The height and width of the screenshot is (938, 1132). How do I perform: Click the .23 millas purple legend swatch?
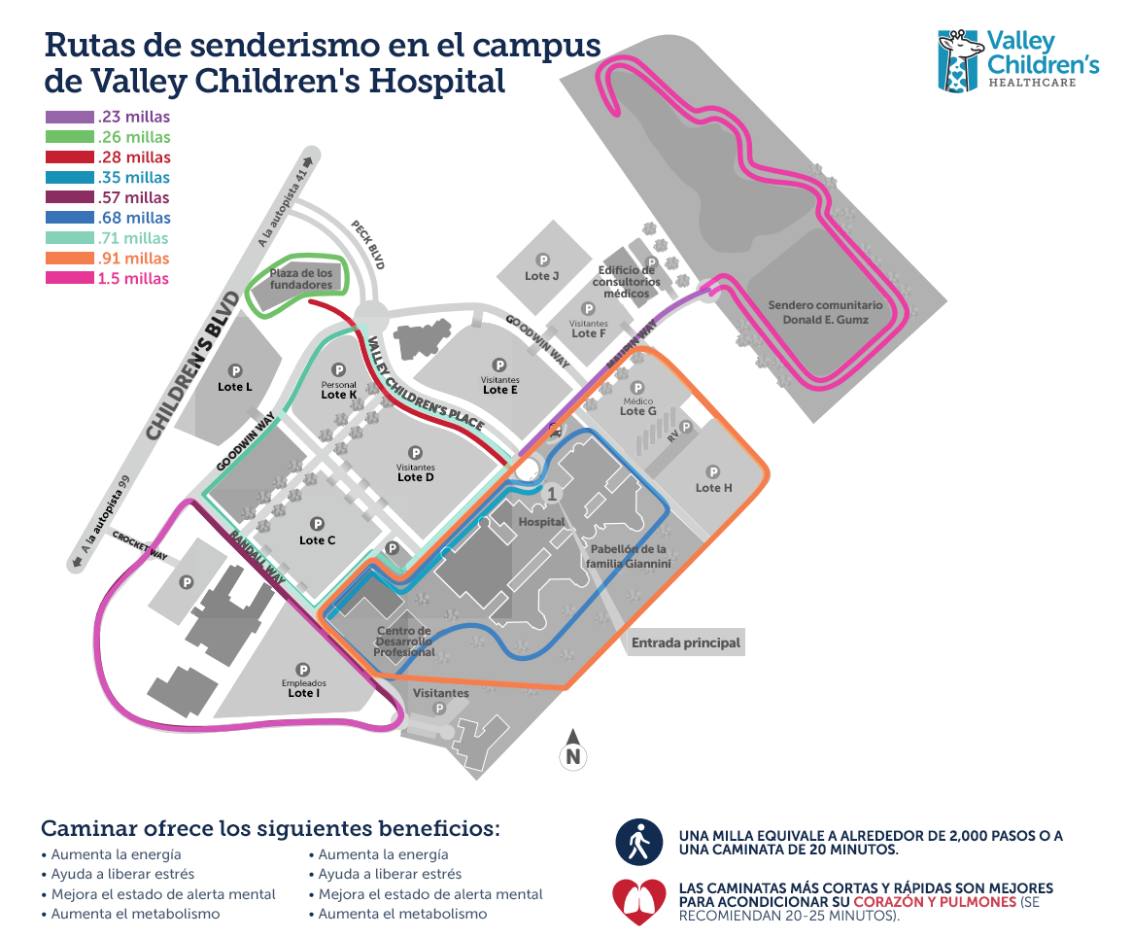70,118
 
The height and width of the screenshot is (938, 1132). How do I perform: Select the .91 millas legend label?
133,259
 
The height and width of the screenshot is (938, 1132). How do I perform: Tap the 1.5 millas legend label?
133,279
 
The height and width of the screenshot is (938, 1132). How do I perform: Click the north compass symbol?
573,749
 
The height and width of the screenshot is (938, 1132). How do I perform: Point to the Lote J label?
542,276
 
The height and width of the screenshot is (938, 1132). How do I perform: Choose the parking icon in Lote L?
235,370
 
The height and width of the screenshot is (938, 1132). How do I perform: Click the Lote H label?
714,488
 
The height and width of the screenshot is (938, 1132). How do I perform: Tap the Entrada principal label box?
686,643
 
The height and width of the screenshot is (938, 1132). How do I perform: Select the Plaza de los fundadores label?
301,279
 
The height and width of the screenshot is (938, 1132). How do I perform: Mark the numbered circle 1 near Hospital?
553,494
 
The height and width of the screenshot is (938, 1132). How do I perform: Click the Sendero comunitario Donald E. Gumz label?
825,312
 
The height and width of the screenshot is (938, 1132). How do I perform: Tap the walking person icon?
639,842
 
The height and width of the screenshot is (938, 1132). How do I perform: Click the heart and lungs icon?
638,901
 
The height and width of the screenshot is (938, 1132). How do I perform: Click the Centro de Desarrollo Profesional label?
405,642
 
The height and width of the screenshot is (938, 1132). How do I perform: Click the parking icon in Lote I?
302,669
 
